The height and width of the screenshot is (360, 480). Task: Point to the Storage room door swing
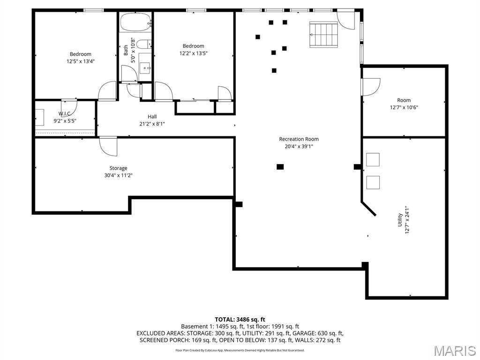click(108, 146)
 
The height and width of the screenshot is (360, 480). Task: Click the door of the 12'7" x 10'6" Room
click(370, 87)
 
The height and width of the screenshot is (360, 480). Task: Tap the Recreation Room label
click(299, 139)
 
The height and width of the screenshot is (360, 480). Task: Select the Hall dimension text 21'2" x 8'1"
click(152, 124)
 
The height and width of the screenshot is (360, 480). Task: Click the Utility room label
click(400, 219)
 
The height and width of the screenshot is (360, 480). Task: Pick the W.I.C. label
click(65, 113)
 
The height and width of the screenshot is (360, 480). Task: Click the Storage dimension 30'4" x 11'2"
click(118, 175)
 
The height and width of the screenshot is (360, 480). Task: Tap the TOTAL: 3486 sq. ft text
click(240, 319)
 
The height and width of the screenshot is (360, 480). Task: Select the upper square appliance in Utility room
click(373, 160)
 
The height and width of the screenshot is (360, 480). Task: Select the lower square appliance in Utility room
click(373, 182)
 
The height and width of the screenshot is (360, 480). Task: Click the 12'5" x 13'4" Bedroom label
click(81, 54)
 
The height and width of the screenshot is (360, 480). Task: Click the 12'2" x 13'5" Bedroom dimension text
click(193, 53)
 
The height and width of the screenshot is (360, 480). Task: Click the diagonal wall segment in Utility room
click(368, 209)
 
